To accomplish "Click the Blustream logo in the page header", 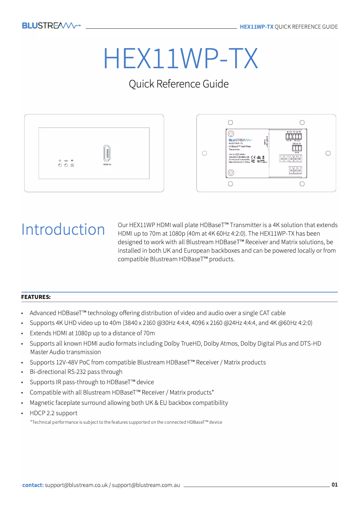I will (51, 26).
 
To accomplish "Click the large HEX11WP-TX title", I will (180, 58).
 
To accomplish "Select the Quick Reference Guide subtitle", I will (179, 84).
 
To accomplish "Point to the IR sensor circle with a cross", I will (72, 166).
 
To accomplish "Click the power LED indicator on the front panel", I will (60, 166).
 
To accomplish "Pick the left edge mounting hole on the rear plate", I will (204, 153).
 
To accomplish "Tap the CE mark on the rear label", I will (254, 157).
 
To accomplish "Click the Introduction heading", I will (63, 229).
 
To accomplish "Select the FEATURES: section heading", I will (36, 297).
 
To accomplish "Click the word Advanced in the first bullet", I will (43, 313).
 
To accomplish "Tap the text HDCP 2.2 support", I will (53, 413).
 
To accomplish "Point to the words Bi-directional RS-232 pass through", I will (76, 372).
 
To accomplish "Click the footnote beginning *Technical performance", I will (126, 422).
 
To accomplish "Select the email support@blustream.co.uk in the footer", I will (76, 485).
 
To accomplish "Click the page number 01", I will (334, 485).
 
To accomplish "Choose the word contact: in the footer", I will (33, 485).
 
